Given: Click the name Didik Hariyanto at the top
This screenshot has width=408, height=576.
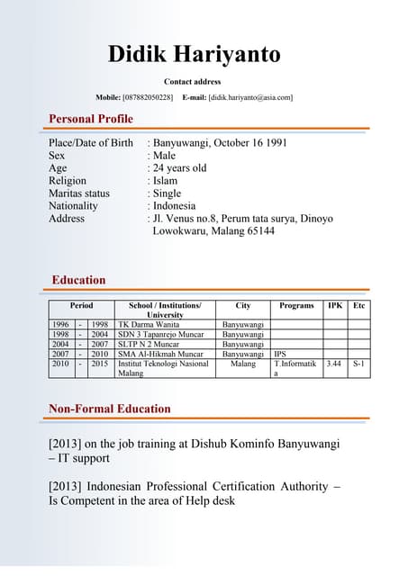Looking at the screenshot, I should [194, 54].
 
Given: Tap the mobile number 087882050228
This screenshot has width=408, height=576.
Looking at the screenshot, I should [148, 97].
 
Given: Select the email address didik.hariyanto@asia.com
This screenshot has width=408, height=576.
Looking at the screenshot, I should [250, 97].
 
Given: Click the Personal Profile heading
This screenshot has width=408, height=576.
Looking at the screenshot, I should [91, 119].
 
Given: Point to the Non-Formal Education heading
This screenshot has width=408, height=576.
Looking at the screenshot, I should [109, 409].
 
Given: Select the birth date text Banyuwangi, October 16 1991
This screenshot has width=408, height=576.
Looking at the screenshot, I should [220, 143].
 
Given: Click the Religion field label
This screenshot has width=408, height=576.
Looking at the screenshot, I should [68, 181].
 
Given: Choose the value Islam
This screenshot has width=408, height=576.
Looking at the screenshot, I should [166, 181].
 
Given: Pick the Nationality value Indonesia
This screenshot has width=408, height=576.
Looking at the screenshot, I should [176, 206].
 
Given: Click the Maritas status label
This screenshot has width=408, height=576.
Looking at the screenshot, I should [79, 193].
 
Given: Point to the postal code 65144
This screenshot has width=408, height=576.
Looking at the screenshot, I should [258, 231].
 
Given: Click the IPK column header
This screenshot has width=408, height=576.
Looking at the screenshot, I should [334, 306].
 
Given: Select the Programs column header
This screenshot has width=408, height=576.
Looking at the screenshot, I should [296, 306].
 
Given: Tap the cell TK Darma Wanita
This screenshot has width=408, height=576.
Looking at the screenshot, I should [149, 324].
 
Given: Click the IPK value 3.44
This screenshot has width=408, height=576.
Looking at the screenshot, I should [333, 364].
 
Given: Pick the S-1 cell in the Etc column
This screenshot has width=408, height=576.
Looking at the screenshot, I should [358, 364].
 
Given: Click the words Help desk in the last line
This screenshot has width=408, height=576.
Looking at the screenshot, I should [210, 500].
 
